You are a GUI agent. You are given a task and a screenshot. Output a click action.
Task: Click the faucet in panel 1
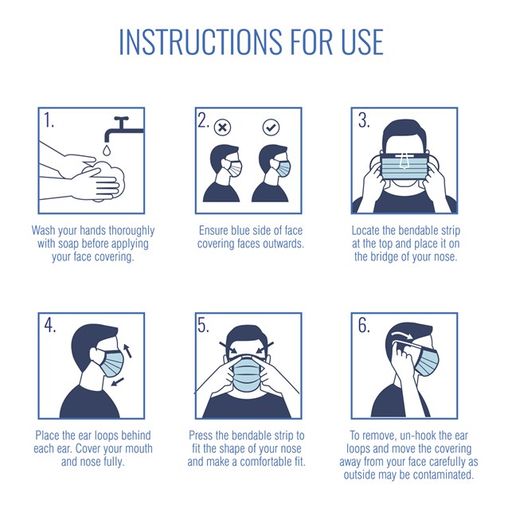click(x=123, y=129)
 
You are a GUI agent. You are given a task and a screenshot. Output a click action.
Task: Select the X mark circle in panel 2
click(x=223, y=127)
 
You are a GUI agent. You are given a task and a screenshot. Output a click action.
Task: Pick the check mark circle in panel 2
click(x=272, y=127)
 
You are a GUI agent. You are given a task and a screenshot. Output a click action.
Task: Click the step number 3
click(x=364, y=120)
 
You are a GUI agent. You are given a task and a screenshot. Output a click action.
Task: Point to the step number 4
click(x=50, y=325)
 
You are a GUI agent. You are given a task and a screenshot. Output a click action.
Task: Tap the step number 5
click(x=204, y=325)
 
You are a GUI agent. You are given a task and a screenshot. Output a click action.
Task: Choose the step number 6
click(x=364, y=325)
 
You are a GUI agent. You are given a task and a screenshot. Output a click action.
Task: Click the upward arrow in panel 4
click(x=127, y=350)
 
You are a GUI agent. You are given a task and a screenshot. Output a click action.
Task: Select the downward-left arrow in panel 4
click(x=117, y=381)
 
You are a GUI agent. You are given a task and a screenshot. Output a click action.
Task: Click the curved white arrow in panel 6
click(x=402, y=334)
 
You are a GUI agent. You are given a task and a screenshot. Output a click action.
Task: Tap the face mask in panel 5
click(x=247, y=373)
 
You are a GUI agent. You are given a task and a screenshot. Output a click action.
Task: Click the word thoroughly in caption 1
click(x=131, y=231)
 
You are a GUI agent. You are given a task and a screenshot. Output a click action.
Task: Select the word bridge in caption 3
click(x=385, y=256)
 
